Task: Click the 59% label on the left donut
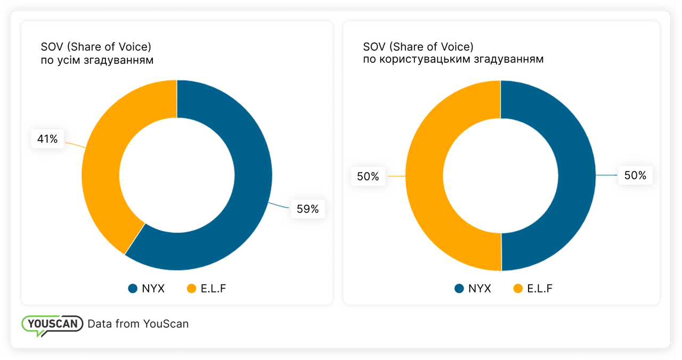(307, 209)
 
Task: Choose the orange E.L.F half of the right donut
(425, 176)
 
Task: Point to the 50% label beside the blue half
(635, 175)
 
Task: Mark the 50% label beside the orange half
(368, 176)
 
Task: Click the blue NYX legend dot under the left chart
(133, 289)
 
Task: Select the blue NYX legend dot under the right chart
(459, 289)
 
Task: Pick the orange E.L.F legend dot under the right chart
(517, 289)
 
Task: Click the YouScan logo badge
(52, 324)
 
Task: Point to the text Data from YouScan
(138, 324)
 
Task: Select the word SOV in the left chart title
(52, 47)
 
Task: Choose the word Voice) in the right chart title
(457, 47)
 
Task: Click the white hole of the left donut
(176, 175)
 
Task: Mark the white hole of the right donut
(500, 175)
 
